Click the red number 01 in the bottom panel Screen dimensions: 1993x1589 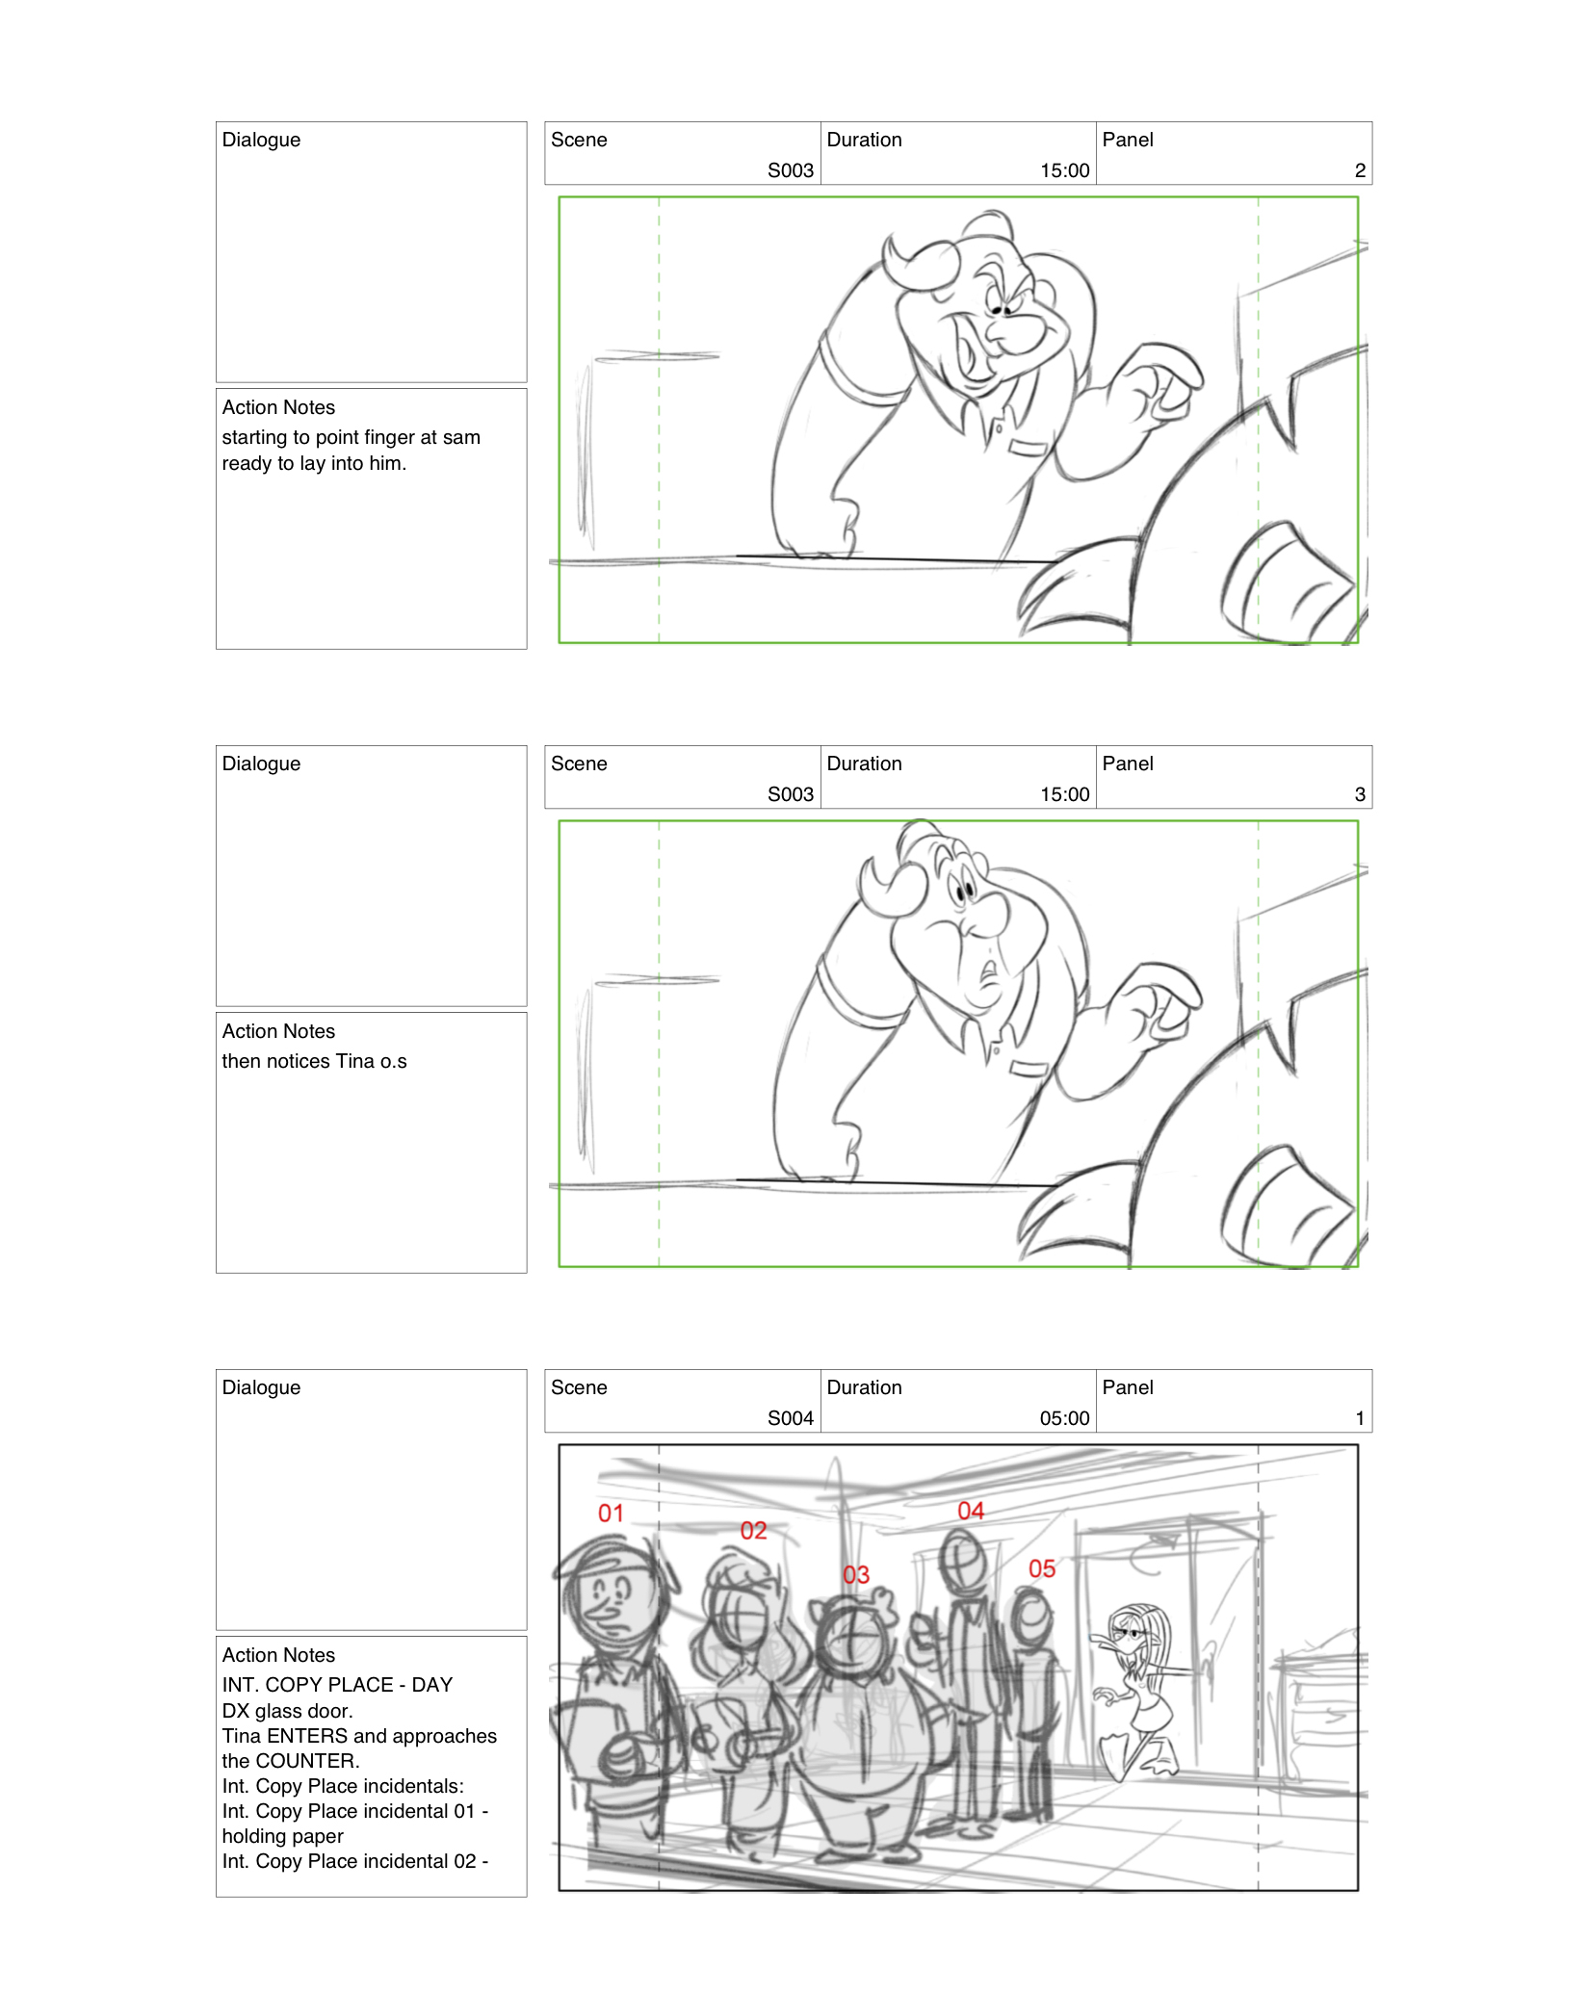(x=611, y=1513)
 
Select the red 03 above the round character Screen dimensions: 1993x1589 (x=855, y=1574)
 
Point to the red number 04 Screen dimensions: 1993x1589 (x=970, y=1511)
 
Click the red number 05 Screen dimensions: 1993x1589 (x=1041, y=1568)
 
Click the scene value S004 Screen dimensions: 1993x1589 (x=790, y=1417)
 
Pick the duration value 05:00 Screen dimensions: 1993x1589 (x=1064, y=1417)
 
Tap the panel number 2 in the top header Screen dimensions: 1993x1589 (x=1359, y=170)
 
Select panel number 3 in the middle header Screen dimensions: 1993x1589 (x=1359, y=794)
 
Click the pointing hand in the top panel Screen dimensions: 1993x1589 (x=1160, y=385)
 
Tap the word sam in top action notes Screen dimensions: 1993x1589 (x=461, y=437)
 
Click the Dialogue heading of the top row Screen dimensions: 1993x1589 (x=261, y=140)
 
